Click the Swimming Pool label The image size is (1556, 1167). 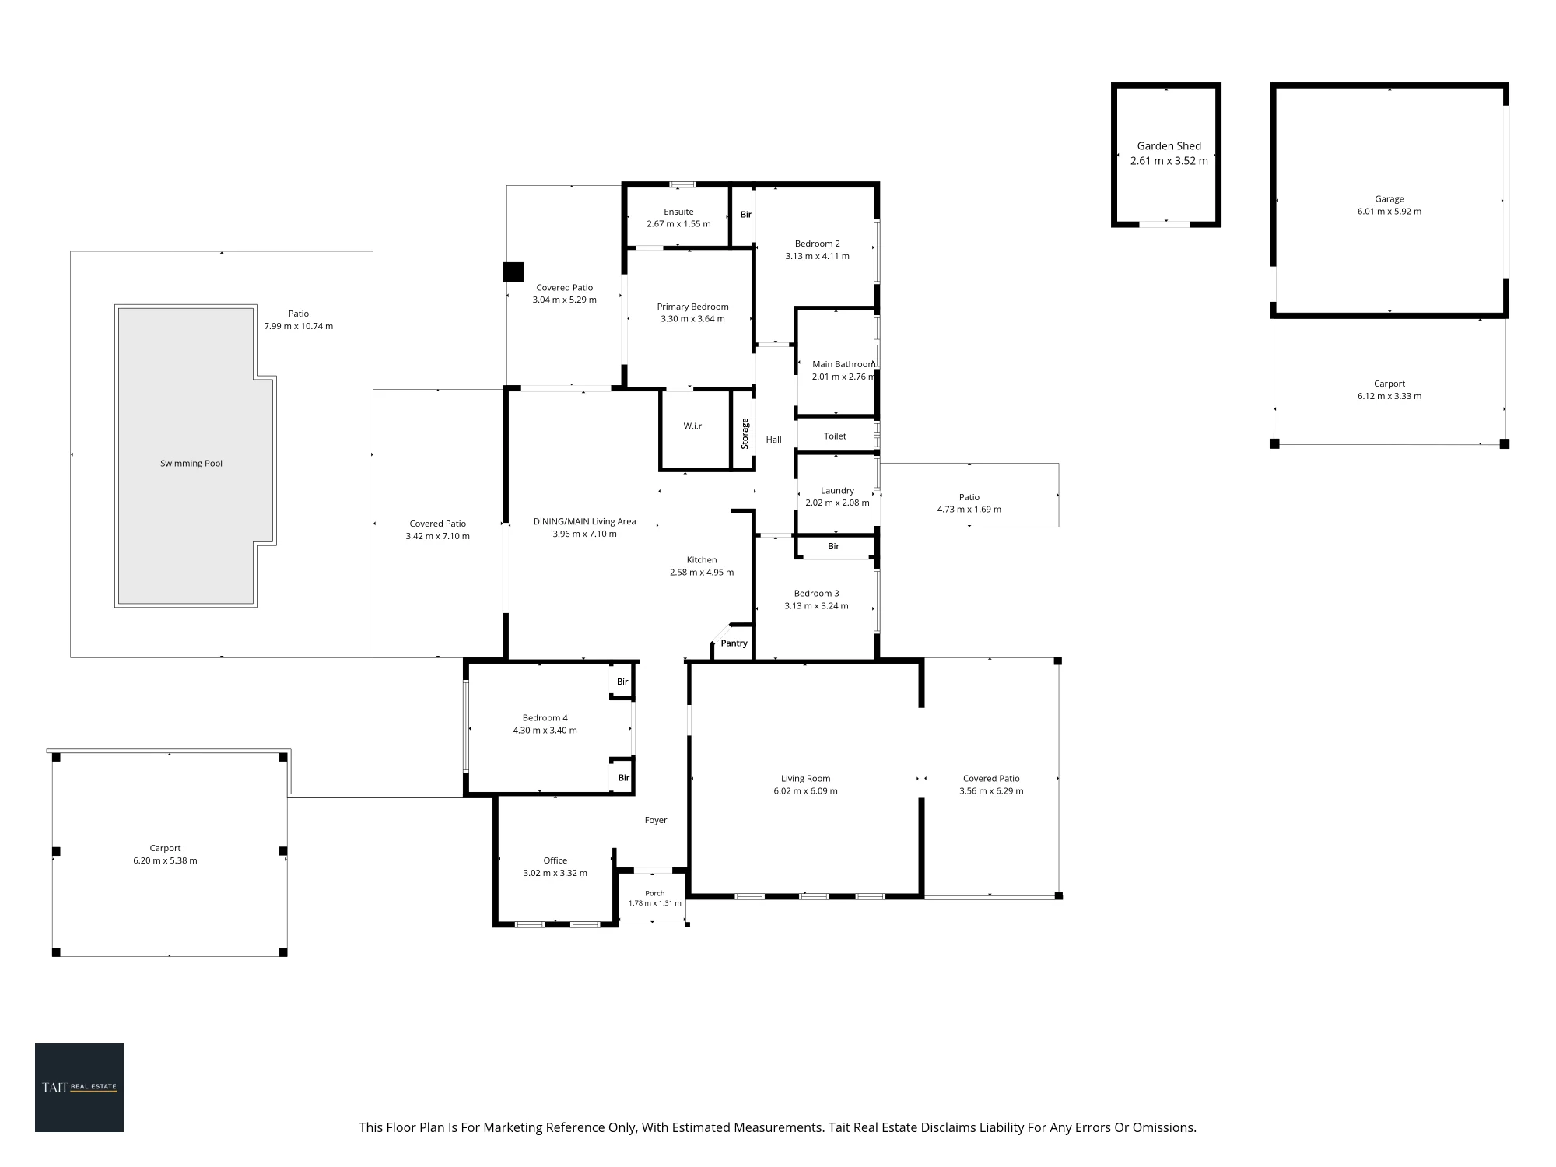191,464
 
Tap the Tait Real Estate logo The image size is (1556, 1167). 79,1087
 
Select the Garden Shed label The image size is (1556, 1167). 1169,146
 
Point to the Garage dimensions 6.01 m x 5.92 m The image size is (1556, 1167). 1390,212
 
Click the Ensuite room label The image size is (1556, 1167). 678,212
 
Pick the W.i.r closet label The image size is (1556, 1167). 692,426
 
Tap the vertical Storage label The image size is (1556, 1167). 745,433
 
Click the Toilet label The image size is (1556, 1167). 835,436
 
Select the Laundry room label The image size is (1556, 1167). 837,491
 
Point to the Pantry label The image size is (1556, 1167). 734,643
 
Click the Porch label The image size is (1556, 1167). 654,893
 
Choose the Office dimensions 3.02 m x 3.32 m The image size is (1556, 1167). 555,873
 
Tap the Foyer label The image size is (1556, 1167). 656,820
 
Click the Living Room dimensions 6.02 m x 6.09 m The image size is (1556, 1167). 805,791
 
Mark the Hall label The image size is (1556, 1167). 773,440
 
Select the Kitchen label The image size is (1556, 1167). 702,560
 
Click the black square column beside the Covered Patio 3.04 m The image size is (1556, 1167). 513,272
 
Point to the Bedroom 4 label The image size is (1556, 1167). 545,718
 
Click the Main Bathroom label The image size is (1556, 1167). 843,364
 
